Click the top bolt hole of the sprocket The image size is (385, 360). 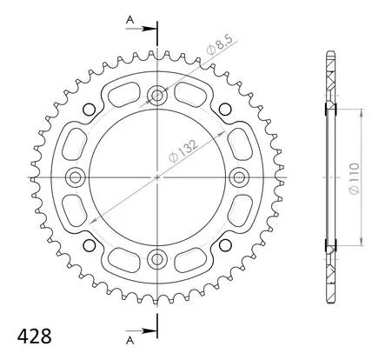[157, 96]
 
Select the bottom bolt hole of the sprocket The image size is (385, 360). [157, 257]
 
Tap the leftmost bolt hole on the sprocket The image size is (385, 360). [76, 177]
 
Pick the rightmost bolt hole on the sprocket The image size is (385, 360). [238, 177]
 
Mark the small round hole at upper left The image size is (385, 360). [90, 109]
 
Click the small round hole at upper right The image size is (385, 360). [225, 109]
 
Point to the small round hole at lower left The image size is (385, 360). [90, 244]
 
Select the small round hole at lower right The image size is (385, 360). [225, 244]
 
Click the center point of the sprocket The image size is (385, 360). [157, 177]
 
